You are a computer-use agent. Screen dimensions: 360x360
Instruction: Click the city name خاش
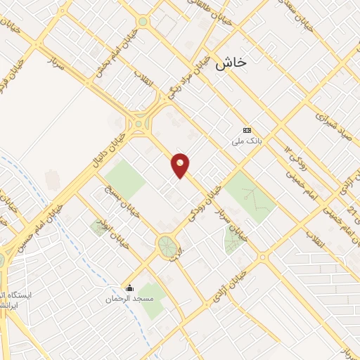click(233, 63)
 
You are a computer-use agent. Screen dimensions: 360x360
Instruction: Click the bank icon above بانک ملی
click(247, 131)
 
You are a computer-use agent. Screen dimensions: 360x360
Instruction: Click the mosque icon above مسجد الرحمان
click(129, 288)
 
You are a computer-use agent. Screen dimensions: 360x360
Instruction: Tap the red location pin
click(181, 165)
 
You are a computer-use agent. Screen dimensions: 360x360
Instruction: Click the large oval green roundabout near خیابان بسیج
click(167, 247)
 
